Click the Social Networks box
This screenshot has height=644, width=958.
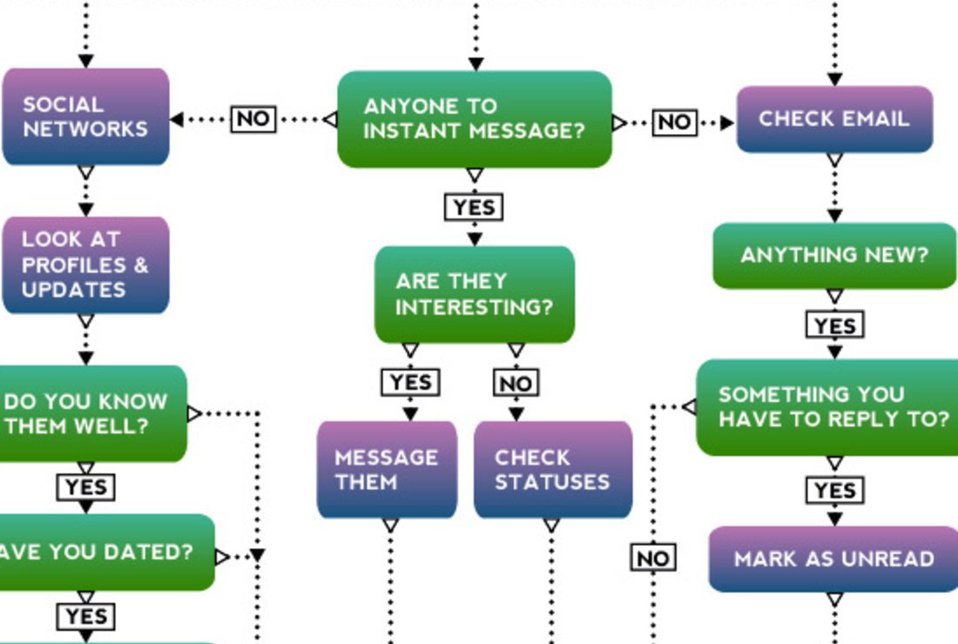[85, 117]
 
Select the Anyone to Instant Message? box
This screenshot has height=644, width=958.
[475, 119]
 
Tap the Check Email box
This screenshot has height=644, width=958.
[834, 119]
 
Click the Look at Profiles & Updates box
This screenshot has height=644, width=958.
[85, 265]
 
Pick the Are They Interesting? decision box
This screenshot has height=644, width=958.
[475, 294]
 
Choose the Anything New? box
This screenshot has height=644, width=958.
[834, 255]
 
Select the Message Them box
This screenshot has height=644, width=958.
[387, 470]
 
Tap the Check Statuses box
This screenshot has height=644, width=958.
[552, 470]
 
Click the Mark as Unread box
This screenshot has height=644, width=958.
[833, 559]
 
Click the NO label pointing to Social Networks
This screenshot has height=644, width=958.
[253, 118]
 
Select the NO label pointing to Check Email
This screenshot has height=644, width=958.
[675, 123]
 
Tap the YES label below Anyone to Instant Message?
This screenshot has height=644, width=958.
[475, 208]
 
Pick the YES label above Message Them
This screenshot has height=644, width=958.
[410, 382]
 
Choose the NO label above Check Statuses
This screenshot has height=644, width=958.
[516, 383]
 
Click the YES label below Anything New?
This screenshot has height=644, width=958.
[835, 325]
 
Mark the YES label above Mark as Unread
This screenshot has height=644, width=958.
[835, 491]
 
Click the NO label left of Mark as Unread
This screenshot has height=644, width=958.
[653, 558]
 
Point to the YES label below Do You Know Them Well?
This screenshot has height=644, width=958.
[86, 487]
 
